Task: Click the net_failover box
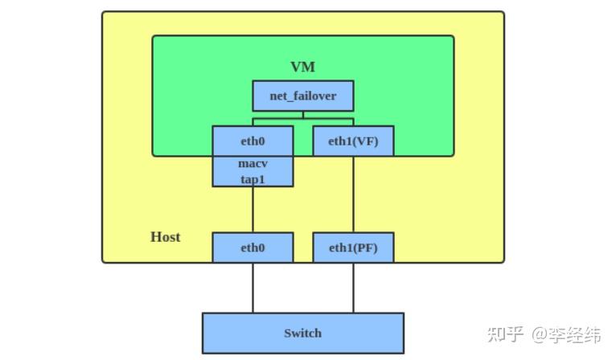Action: point(302,96)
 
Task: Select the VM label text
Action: point(302,67)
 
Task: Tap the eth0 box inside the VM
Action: point(253,141)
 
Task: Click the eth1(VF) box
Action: point(352,141)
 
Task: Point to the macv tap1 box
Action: point(253,171)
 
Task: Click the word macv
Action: point(253,163)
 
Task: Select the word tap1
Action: point(253,179)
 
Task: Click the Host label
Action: point(165,237)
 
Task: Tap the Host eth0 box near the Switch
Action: point(253,247)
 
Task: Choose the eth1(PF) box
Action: point(352,247)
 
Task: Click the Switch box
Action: point(302,333)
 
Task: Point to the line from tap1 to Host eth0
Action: point(253,210)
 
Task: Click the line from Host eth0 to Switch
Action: point(253,288)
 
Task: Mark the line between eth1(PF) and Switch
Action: point(352,288)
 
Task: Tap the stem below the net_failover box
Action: point(302,115)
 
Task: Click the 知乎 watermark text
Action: point(507,333)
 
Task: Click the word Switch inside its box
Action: point(302,333)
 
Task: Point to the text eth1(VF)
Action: point(352,141)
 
